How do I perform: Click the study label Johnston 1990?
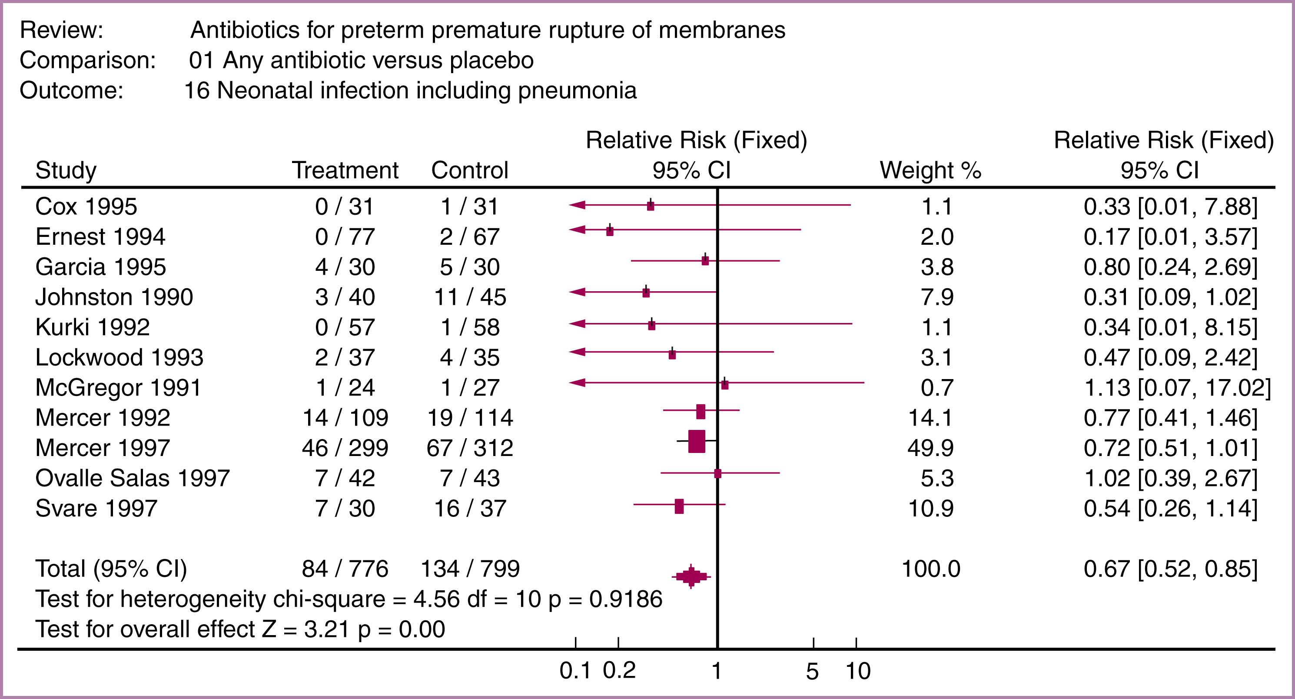pos(114,297)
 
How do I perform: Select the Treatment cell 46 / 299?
pos(345,448)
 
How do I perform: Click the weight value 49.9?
pos(930,448)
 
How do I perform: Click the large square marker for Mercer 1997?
pos(696,442)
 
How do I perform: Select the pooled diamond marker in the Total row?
pos(691,576)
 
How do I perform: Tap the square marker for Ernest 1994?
pos(610,231)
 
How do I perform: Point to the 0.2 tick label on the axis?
pos(619,671)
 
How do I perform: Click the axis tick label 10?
pos(858,671)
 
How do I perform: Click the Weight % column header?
pos(930,170)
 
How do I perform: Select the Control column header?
pos(469,170)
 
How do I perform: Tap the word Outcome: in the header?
pos(71,90)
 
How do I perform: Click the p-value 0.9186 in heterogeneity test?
pos(625,599)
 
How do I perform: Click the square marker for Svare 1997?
pos(679,506)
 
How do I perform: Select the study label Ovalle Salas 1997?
pos(132,478)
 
